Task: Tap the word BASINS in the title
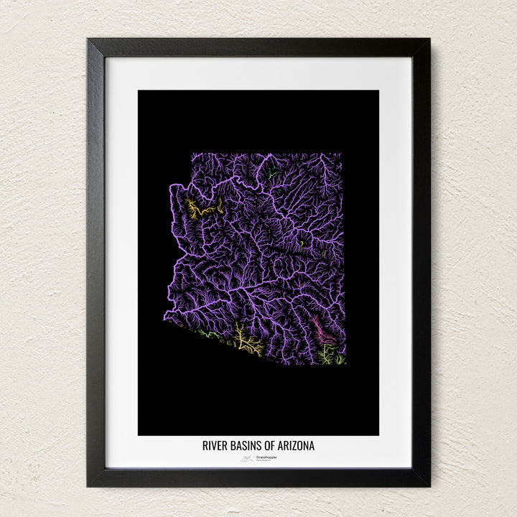[248, 446]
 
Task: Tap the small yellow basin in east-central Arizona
[302, 243]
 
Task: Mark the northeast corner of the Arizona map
[342, 154]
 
